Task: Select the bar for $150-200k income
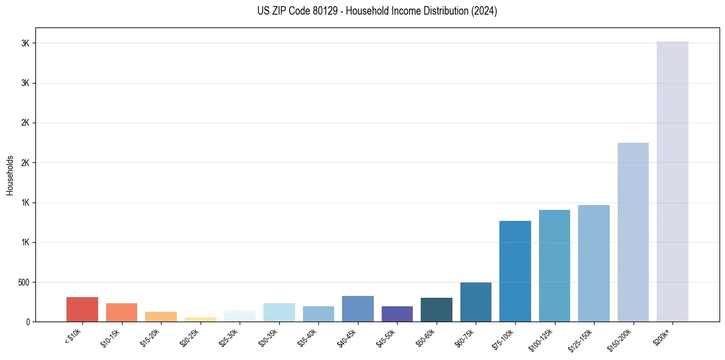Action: click(633, 232)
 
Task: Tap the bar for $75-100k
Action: click(515, 271)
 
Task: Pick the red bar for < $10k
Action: click(82, 309)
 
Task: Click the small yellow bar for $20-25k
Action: click(201, 319)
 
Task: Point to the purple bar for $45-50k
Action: click(397, 314)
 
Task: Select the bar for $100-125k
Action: click(554, 265)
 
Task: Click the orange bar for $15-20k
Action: click(161, 317)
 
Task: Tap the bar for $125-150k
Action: click(594, 263)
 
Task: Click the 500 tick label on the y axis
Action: click(24, 283)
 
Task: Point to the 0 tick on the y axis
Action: click(28, 322)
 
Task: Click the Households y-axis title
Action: click(10, 175)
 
